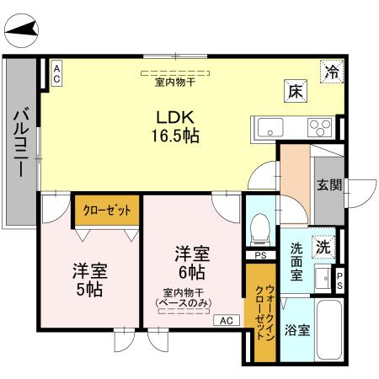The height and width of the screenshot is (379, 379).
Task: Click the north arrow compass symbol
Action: tap(20, 32)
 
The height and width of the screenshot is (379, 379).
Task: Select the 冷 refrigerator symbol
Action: tap(334, 72)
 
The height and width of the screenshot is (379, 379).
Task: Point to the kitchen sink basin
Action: tap(271, 128)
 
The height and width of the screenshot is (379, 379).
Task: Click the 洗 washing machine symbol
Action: tap(323, 248)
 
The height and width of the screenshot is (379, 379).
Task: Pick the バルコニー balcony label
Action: tap(20, 143)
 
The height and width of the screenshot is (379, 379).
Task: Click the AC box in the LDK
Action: tap(56, 71)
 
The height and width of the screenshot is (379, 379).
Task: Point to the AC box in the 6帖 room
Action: tap(227, 320)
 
